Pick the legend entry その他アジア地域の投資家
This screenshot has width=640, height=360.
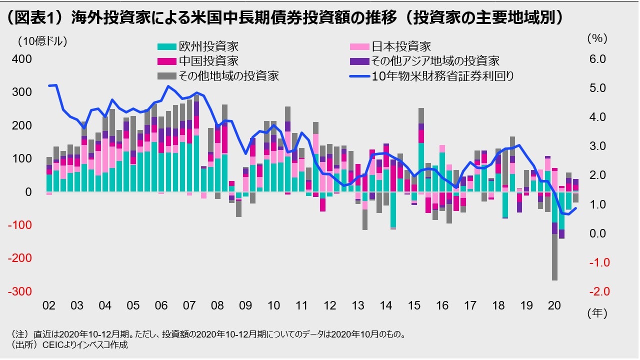(x=434, y=61)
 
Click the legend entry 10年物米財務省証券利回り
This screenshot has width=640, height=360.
(x=442, y=76)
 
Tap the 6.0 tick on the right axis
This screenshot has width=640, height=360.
(x=597, y=59)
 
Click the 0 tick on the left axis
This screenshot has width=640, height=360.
(x=28, y=192)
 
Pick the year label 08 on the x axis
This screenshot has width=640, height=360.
(x=218, y=305)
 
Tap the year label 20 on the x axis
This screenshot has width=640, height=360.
(x=554, y=305)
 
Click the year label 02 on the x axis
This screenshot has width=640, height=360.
(x=49, y=305)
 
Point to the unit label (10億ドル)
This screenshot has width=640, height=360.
(x=42, y=41)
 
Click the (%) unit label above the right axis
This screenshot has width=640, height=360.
(x=596, y=38)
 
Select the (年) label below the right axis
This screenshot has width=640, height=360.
(x=597, y=313)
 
